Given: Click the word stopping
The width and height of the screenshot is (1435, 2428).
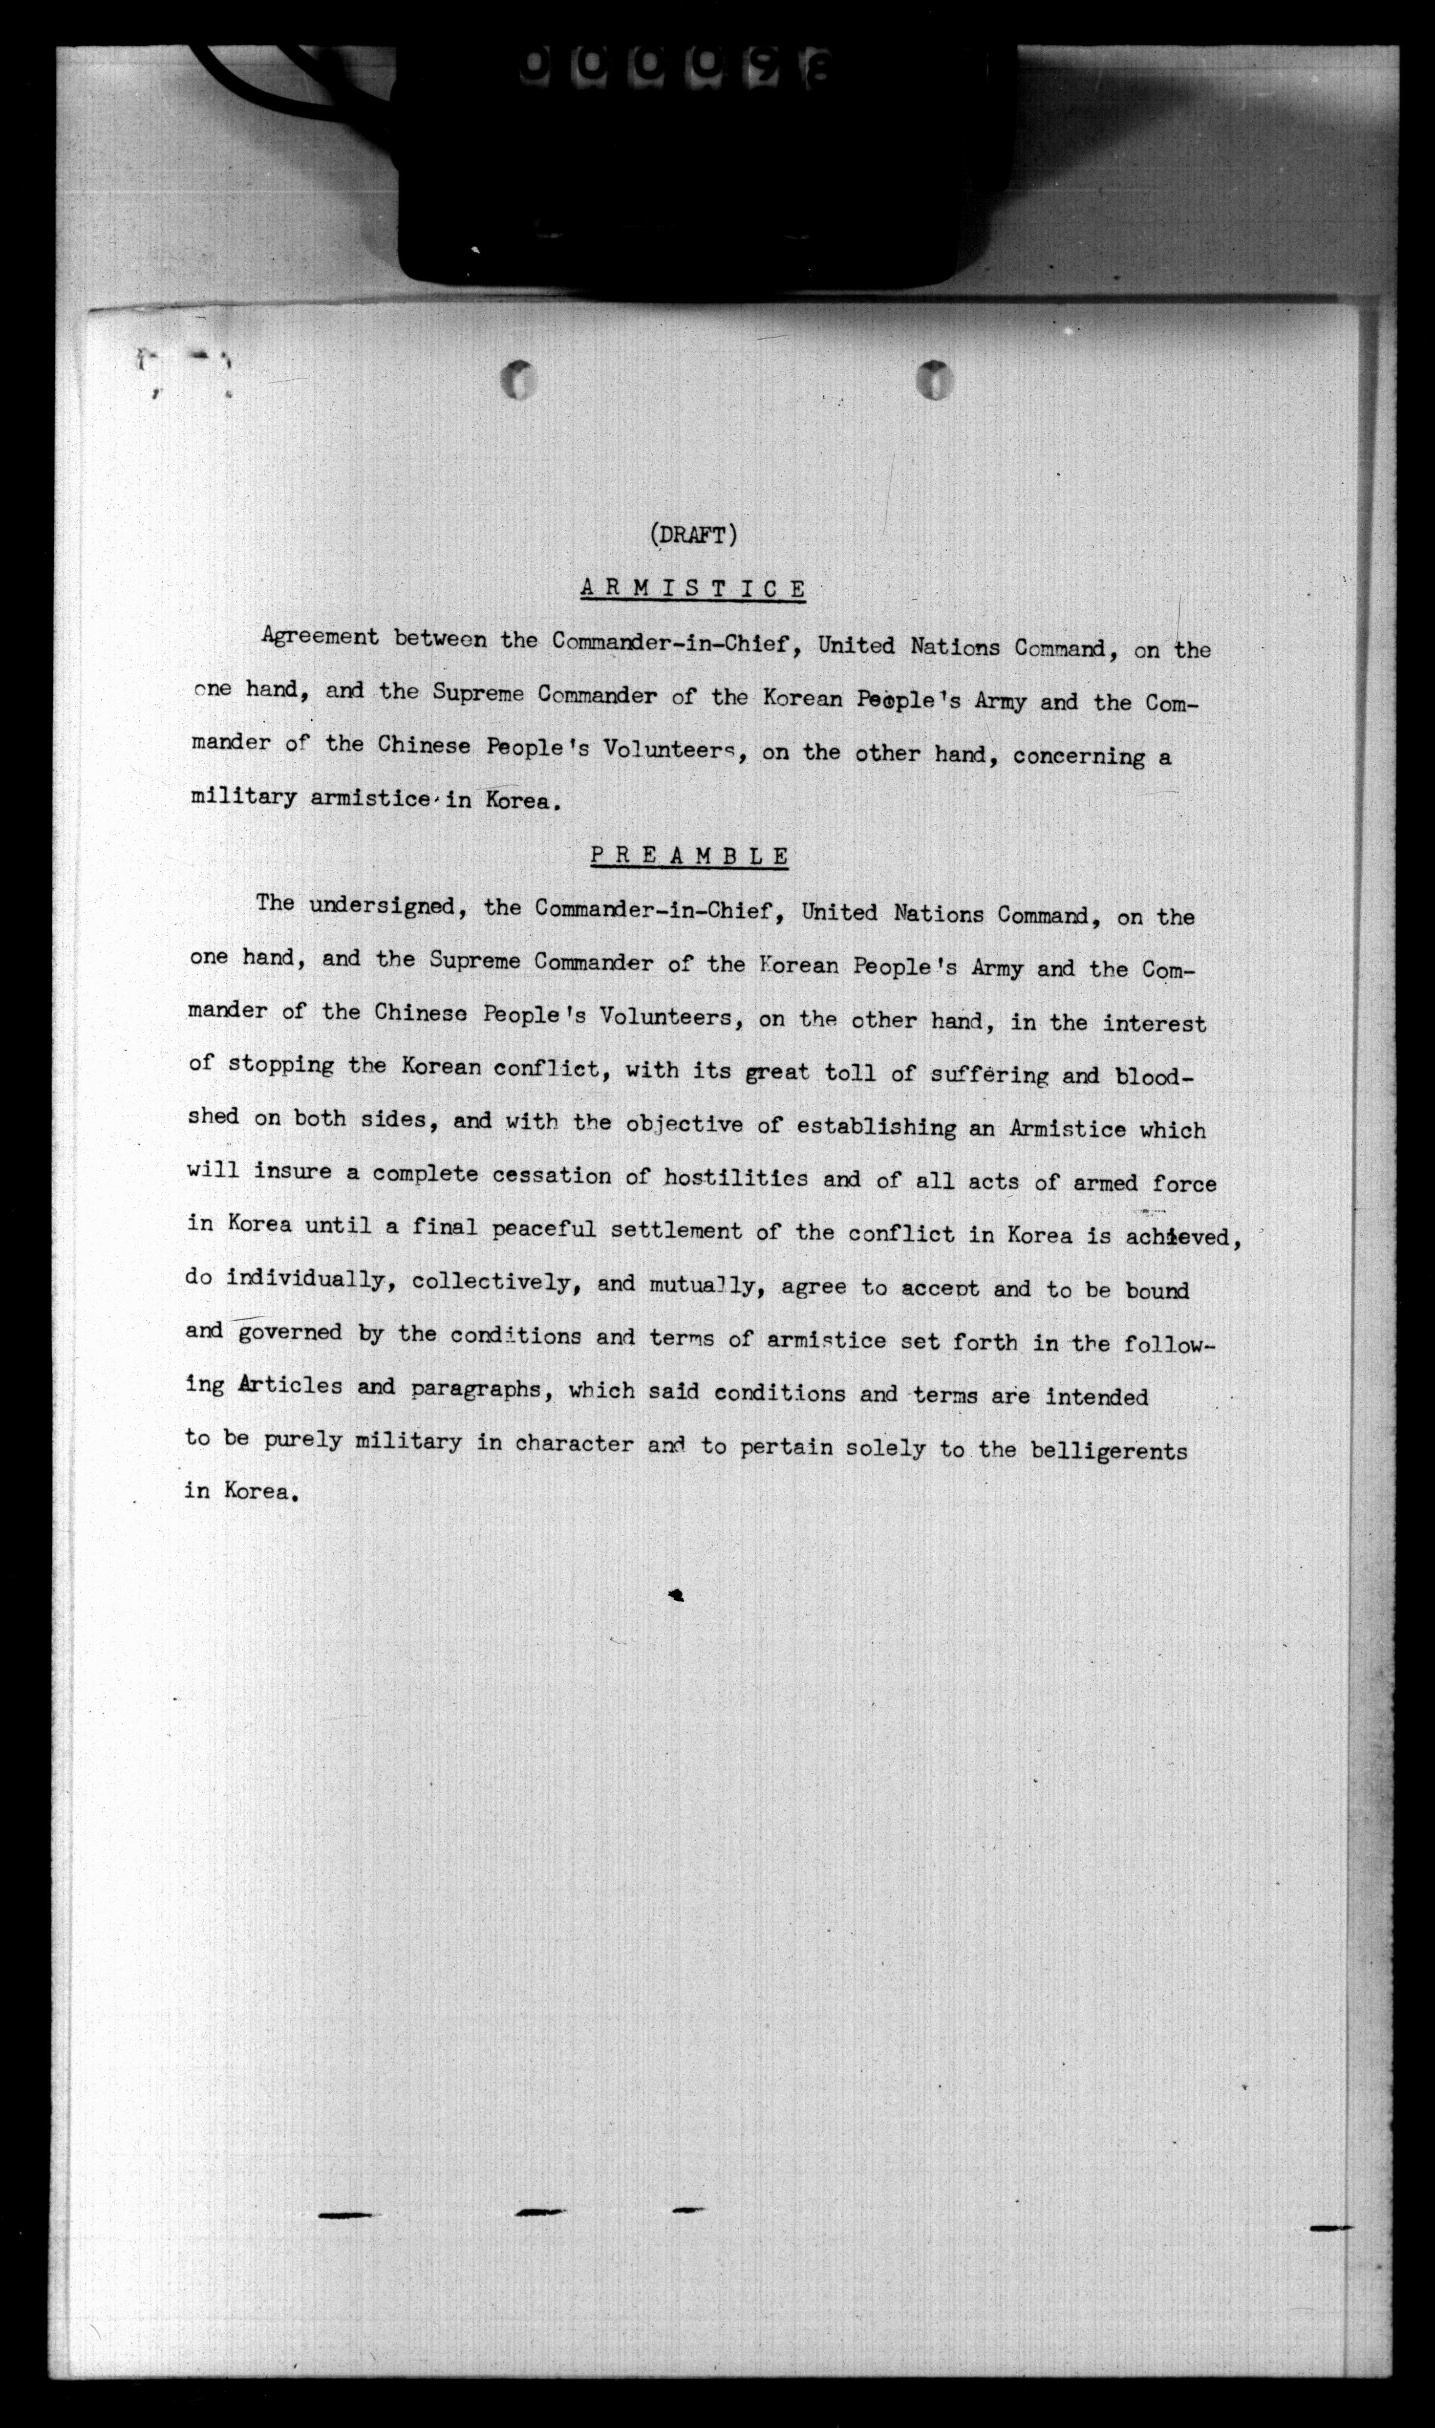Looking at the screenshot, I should pos(281,1065).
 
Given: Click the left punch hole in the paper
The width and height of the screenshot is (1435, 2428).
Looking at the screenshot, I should pos(519,379).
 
